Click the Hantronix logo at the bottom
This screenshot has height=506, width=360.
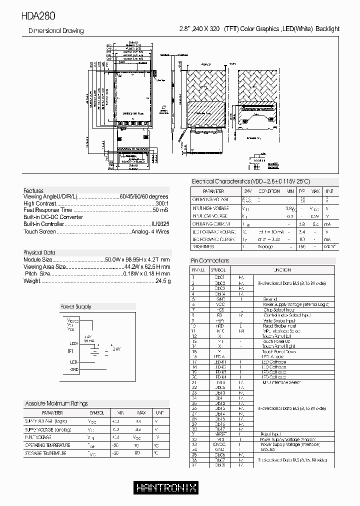(166, 487)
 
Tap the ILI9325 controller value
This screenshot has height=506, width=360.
(160, 224)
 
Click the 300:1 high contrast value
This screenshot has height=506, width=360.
(162, 203)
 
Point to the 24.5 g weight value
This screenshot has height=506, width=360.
(163, 281)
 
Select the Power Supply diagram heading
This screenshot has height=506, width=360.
(75, 306)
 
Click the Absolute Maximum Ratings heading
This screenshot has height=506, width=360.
(56, 403)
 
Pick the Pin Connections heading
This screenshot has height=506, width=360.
(210, 260)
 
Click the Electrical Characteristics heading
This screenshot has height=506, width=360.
(250, 181)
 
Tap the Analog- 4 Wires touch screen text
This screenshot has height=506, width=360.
(150, 231)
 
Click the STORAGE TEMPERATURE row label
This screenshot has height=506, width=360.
(45, 453)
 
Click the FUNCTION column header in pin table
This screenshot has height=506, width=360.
(281, 269)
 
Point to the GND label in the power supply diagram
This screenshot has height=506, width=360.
(74, 369)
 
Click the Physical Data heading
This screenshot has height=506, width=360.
(39, 252)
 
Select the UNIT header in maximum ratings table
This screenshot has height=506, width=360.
(159, 413)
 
